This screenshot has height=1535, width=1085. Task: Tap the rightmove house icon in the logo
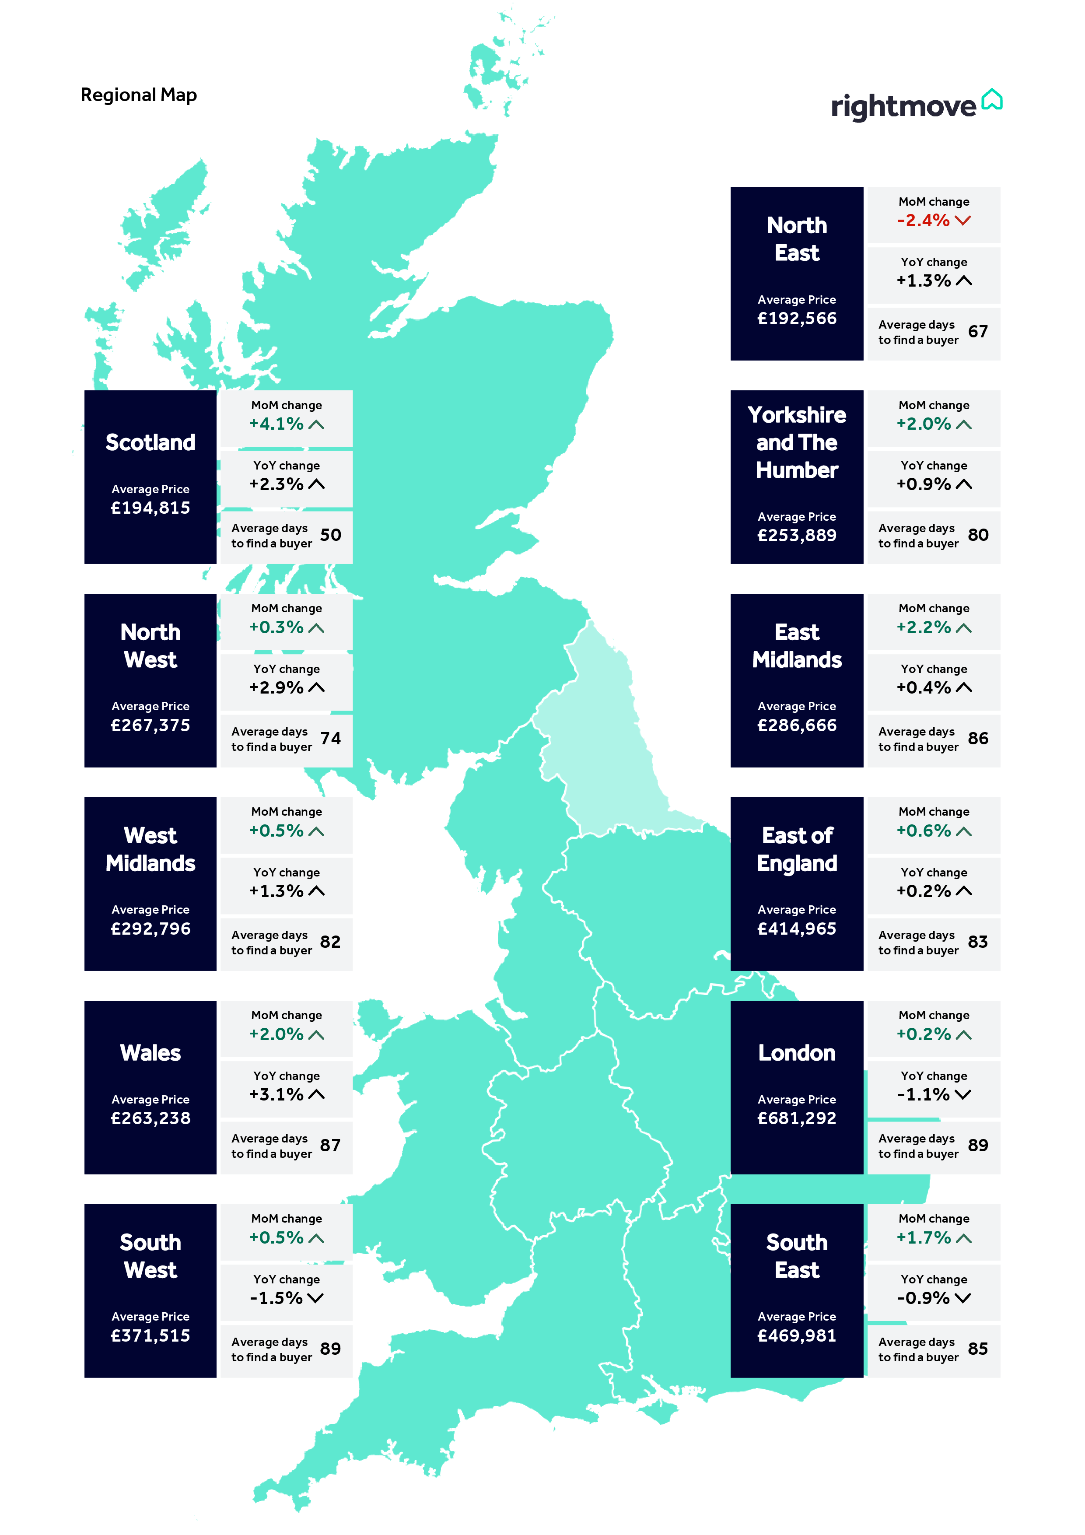click(992, 100)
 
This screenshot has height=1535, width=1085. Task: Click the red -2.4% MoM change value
click(923, 221)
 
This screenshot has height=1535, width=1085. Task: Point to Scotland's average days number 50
click(330, 535)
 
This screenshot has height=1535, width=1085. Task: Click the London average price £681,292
click(796, 1118)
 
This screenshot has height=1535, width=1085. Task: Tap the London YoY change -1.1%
click(923, 1094)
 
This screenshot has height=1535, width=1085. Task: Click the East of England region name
click(796, 849)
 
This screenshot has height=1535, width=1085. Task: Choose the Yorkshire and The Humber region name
click(796, 442)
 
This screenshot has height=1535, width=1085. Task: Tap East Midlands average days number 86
click(977, 738)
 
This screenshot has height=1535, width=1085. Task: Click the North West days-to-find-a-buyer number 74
click(330, 738)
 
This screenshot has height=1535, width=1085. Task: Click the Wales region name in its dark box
click(150, 1053)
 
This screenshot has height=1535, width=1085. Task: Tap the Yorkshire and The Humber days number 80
click(977, 535)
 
